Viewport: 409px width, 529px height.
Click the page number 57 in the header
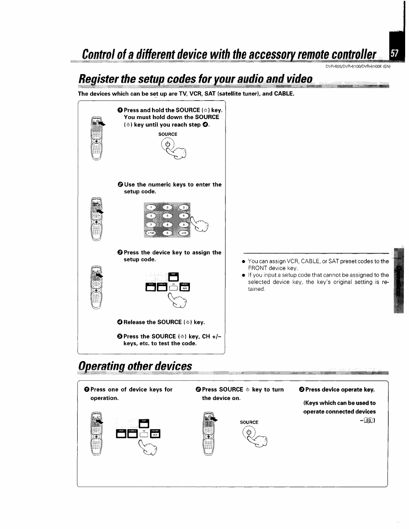point(394,54)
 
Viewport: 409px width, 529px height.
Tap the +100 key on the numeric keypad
point(151,233)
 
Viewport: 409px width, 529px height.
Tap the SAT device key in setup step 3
point(173,278)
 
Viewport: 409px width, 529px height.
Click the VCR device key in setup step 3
point(151,287)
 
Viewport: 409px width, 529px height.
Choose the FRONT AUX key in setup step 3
point(184,287)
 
